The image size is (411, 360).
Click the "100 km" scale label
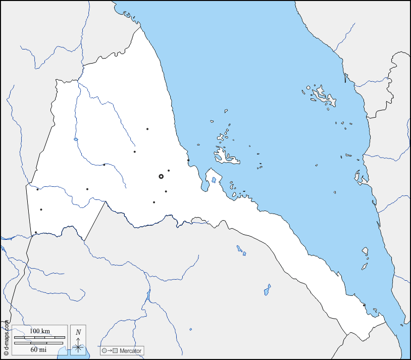39,331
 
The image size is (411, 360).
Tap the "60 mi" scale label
39,349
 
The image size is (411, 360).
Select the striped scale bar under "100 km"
39,337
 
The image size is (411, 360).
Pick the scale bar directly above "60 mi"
39,343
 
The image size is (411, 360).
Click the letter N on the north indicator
78,332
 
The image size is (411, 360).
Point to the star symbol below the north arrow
78,347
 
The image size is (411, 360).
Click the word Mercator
130,350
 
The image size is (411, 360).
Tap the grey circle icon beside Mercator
104,350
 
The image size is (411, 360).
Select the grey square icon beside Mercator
115,350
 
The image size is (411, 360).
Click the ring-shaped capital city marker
161,177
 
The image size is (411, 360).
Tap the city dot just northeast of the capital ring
169,171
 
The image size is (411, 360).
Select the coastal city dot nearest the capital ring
188,161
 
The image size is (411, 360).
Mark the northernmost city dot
147,129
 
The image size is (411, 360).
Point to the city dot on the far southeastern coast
364,304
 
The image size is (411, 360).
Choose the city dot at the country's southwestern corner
36,232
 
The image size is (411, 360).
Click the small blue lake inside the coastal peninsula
214,179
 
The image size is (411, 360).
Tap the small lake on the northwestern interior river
76,139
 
